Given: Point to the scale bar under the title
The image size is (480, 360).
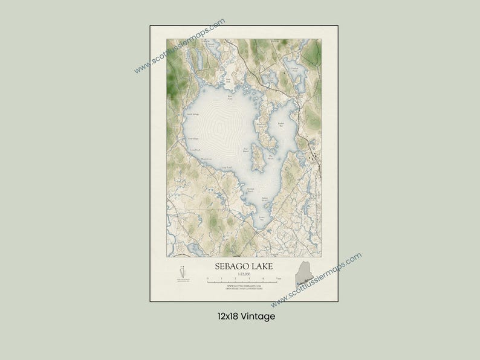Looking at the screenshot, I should (x=244, y=280).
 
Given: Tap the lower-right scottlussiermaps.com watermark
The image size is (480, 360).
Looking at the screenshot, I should (x=316, y=280).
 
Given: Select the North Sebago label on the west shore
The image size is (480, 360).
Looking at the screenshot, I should (x=192, y=114).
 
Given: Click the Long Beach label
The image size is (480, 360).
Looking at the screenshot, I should (x=194, y=149).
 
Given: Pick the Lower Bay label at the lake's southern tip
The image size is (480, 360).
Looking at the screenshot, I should (x=262, y=216).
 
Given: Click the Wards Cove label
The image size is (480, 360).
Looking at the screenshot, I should (x=206, y=159).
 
